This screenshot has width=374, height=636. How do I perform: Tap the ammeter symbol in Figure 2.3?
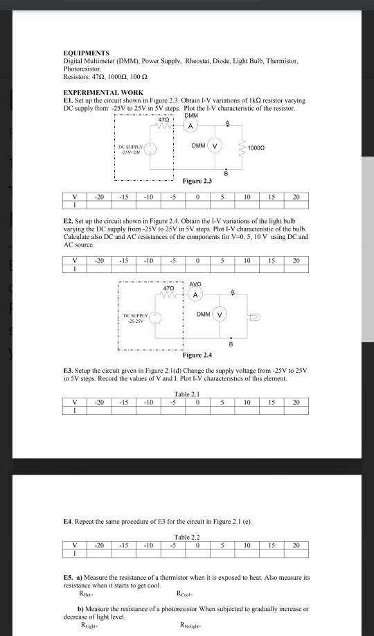tap(189, 126)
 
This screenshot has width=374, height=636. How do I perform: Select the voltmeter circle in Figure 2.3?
tap(215, 146)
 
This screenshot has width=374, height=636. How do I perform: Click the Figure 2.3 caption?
tap(197, 181)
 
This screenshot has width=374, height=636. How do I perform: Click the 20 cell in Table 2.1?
tap(296, 401)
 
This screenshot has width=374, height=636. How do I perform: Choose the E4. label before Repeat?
tap(68, 520)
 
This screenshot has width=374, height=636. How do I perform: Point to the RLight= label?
tap(91, 623)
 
